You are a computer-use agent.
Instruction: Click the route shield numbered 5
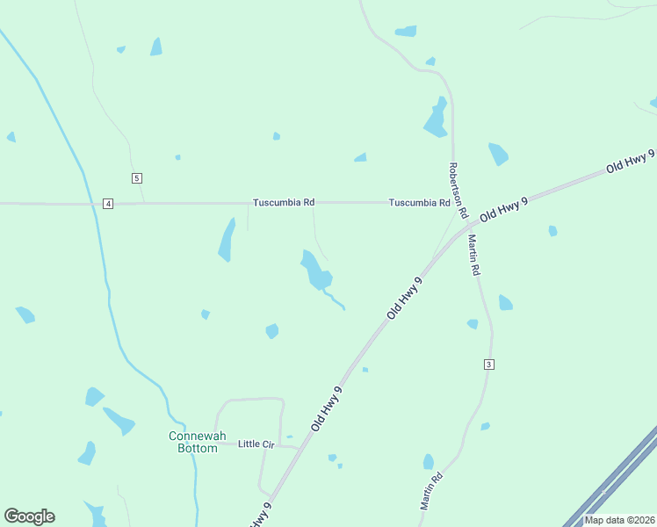136,178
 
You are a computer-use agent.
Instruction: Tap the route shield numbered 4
107,204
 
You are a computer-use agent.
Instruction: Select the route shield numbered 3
489,365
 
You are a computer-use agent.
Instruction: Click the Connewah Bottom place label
192,442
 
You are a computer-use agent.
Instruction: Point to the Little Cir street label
256,444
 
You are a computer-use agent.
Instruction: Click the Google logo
29,516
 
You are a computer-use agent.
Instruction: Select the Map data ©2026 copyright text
619,520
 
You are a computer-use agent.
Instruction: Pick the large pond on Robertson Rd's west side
436,119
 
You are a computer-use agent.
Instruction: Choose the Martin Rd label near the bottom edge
430,491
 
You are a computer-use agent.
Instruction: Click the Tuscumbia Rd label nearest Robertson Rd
420,203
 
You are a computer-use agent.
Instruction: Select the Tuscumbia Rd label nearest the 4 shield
284,203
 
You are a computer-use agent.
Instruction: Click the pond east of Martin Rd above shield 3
505,303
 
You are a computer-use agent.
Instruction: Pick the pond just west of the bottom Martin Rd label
429,462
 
